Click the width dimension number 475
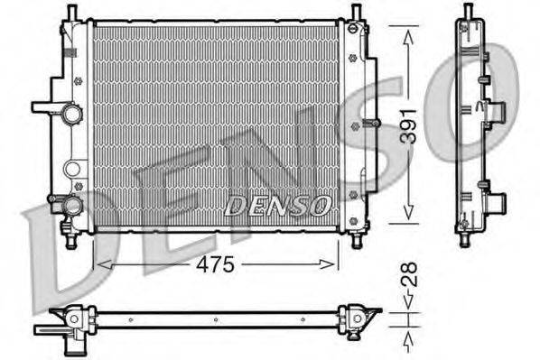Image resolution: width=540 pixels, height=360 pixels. [216, 264]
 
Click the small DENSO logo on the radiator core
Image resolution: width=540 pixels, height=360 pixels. [277, 206]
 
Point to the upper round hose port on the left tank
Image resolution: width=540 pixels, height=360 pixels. [70, 115]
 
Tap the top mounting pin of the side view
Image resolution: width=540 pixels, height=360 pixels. [467, 12]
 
